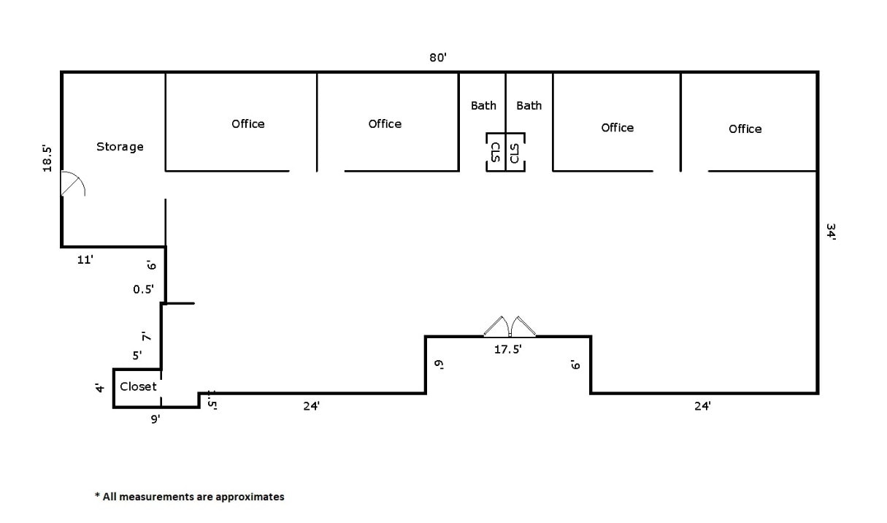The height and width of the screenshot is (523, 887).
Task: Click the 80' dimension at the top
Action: coord(437,58)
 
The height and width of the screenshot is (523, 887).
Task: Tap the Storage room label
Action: coord(120,147)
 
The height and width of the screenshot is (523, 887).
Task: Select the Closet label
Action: coord(138,386)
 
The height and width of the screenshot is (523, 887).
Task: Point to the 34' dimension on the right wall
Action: coord(831,232)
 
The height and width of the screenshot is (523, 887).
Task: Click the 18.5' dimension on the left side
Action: coord(47,159)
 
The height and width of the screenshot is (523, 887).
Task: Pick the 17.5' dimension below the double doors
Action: coord(508,350)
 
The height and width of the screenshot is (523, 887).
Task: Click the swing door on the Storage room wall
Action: coord(72,185)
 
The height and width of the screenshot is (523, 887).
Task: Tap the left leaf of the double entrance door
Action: coord(496,326)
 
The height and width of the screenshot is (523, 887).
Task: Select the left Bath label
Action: coord(483,105)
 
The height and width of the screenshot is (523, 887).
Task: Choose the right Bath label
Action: coord(529,105)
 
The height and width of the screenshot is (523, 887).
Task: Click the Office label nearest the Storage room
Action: coord(248,123)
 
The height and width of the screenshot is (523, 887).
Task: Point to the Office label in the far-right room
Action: coord(745,129)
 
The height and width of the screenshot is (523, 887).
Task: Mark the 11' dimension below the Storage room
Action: coord(85,259)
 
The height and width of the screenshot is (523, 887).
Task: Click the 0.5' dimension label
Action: coord(143,289)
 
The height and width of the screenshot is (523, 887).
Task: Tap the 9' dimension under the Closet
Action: coord(155,419)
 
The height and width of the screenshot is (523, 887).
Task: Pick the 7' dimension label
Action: coord(146,337)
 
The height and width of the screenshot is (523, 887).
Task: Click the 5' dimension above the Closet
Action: coord(137,356)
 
